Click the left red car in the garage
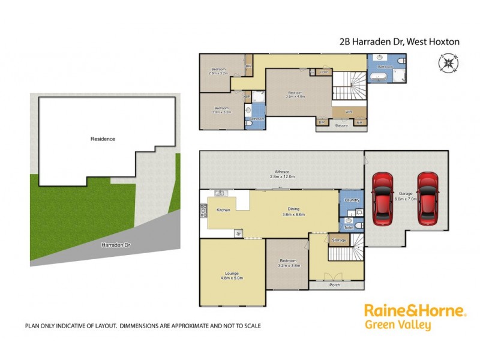382,197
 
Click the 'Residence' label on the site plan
103,139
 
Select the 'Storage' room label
338,241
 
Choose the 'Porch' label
334,284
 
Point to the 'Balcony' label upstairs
341,125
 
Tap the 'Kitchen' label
223,210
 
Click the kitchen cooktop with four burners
203,211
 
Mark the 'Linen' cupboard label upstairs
325,72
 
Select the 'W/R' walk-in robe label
348,112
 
